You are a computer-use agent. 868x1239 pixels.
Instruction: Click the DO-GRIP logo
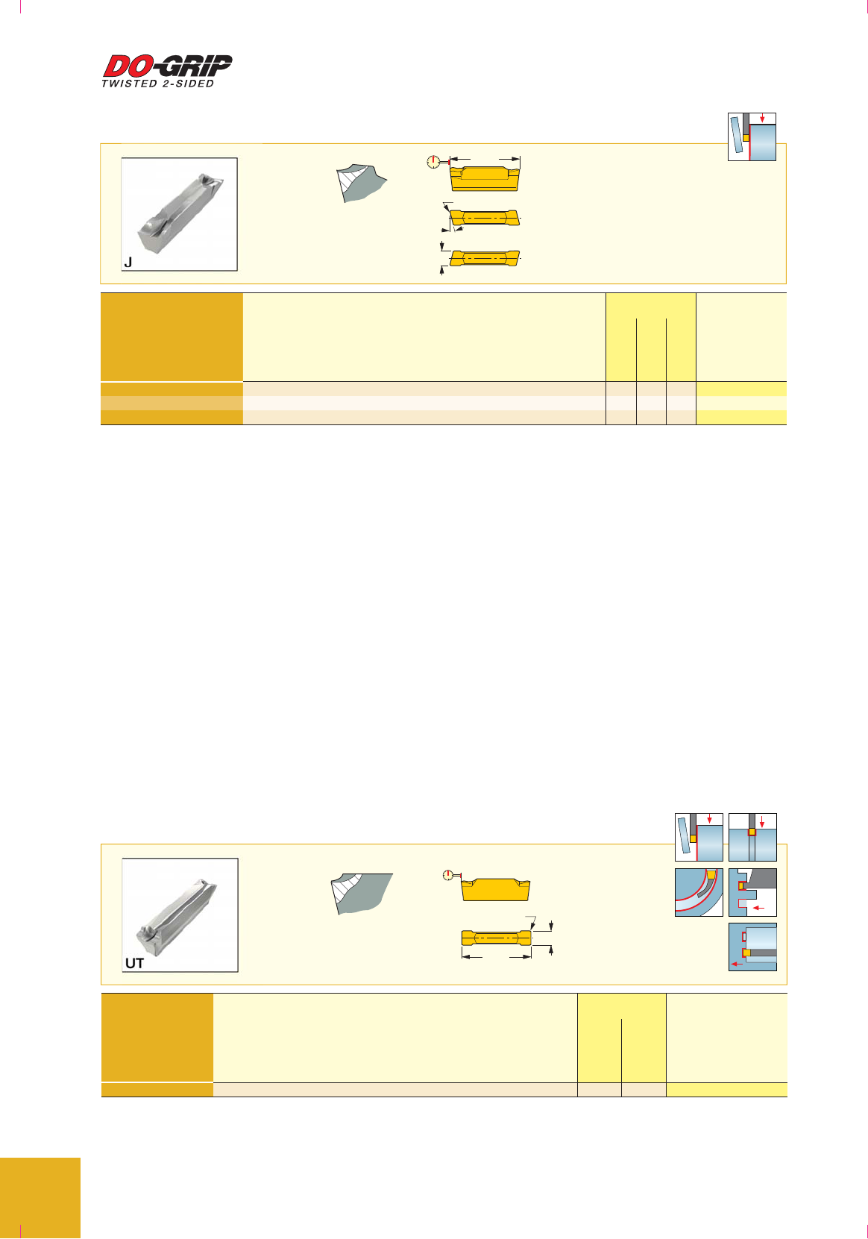168,66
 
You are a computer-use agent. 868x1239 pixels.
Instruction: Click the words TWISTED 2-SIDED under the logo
157,84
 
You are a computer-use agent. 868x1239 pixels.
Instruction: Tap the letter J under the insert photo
128,262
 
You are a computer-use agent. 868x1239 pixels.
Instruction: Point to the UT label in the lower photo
134,963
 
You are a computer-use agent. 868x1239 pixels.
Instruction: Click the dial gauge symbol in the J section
434,162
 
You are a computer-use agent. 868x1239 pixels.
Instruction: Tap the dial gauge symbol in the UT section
449,875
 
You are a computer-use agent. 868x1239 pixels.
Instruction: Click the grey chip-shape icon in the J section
361,182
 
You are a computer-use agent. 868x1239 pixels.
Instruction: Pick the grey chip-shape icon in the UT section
361,894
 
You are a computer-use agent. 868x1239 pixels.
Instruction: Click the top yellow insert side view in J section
484,178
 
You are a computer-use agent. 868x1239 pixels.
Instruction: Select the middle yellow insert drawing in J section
484,218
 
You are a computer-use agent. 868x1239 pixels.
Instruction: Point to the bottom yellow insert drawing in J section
485,258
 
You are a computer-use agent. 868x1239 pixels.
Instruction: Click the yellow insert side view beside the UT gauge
495,889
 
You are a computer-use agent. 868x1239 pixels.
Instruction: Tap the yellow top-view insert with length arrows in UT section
497,938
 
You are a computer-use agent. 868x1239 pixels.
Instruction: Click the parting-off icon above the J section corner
752,137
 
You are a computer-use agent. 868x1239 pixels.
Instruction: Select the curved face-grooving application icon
699,892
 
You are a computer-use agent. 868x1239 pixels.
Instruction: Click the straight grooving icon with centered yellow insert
752,837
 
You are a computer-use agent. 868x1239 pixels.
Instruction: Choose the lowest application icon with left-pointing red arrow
752,947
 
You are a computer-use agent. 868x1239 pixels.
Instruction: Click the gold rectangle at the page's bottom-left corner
40,1198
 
